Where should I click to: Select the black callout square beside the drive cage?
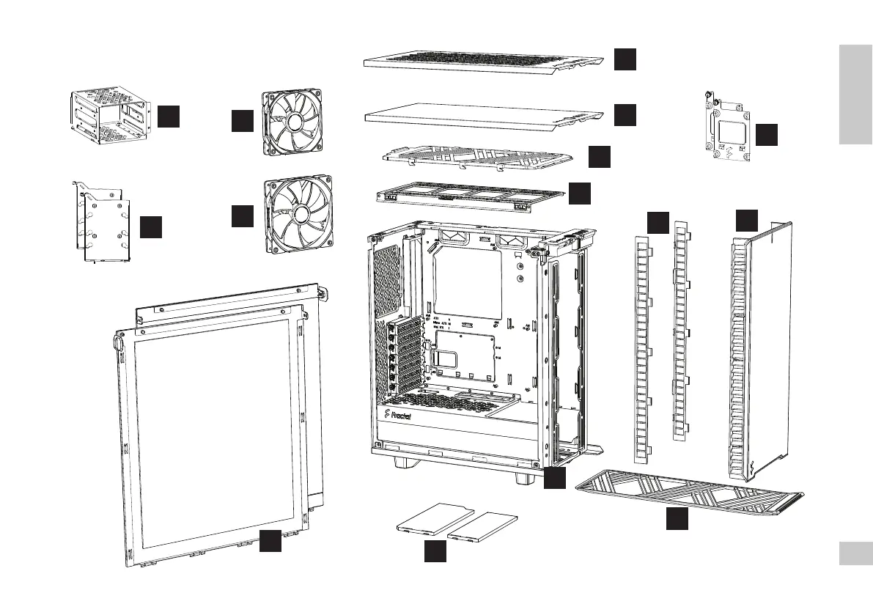coord(169,116)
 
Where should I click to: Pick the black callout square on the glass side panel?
coord(270,541)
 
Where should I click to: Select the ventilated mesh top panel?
coord(484,59)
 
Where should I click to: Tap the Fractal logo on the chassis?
coord(398,416)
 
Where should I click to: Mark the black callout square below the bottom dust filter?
coord(677,518)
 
